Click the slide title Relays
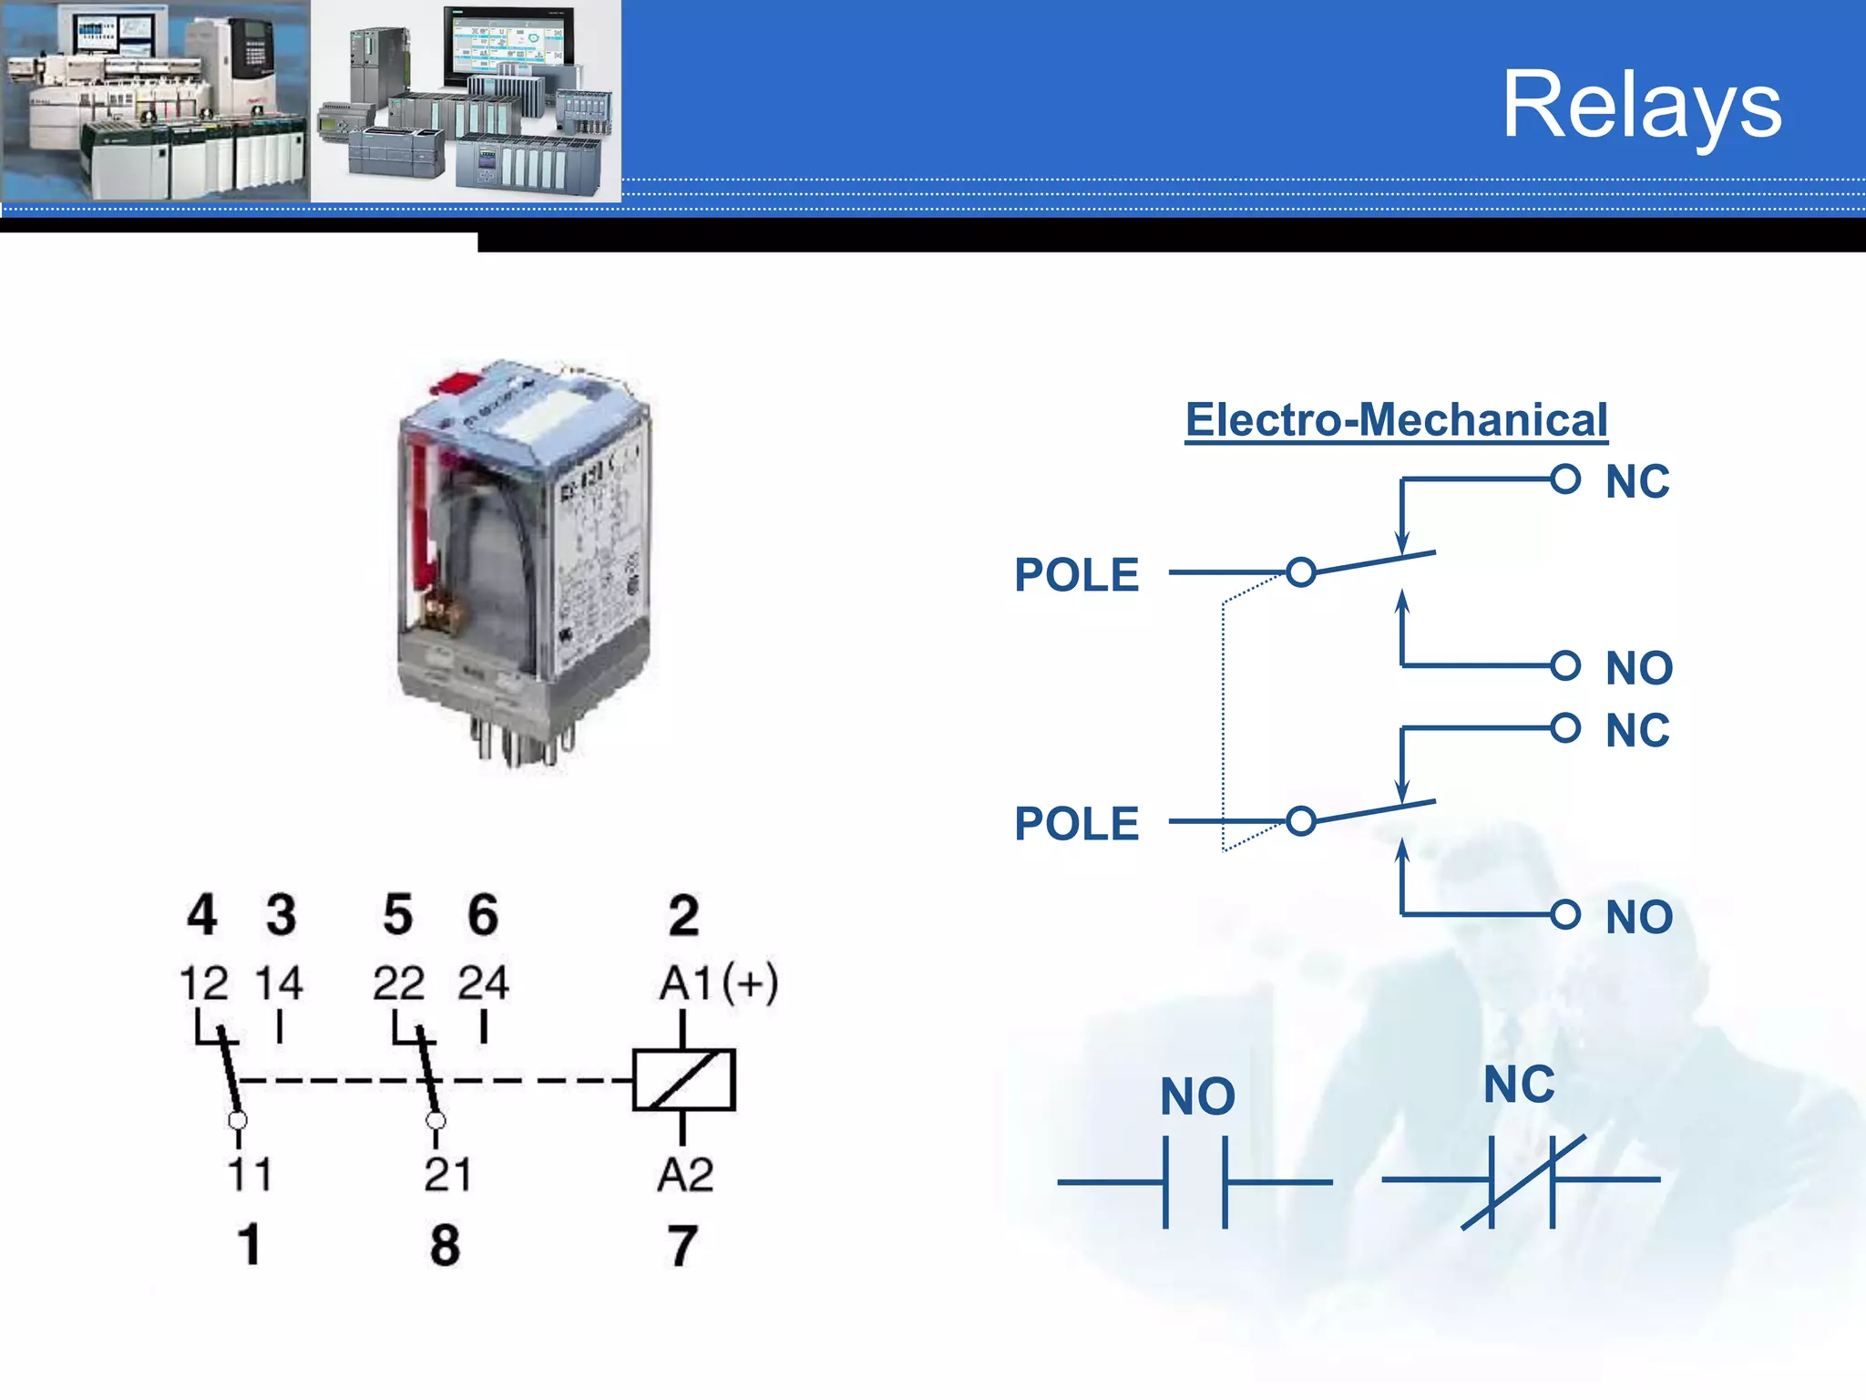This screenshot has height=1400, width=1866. pos(1641,106)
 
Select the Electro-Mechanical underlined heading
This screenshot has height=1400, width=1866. pos(1396,420)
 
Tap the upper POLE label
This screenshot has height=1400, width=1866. pos(1076,575)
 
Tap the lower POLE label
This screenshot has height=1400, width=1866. pos(1076,824)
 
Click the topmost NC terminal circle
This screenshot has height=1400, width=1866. pos(1565,479)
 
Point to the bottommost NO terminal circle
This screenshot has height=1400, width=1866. pos(1565,914)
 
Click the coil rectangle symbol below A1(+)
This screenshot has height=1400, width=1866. pos(683,1080)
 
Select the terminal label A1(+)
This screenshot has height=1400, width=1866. pos(718,983)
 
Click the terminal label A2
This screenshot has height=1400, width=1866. pos(685,1174)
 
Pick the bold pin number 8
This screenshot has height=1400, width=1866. pos(445,1245)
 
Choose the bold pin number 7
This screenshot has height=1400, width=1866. pos(682,1245)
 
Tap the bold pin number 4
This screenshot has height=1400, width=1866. pos(202,914)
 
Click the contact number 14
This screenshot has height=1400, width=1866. pos(278,983)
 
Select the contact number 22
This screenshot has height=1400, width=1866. pos(398,983)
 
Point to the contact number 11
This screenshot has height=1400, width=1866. pos(250,1174)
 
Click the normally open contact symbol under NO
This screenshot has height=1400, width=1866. pos(1194,1182)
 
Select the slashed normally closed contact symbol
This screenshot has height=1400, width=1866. pos(1522,1180)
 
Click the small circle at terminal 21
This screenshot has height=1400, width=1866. pos(436,1119)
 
